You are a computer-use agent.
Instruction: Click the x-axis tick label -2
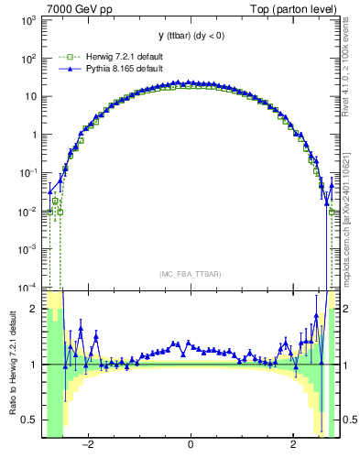pyautogui.click(x=88, y=446)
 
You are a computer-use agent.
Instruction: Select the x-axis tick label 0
pyautogui.click(x=191, y=446)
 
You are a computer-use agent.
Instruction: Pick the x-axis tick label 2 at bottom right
pyautogui.click(x=292, y=446)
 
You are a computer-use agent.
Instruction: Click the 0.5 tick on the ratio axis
pyautogui.click(x=30, y=420)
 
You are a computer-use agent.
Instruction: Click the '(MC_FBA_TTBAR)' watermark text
pyautogui.click(x=191, y=274)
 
